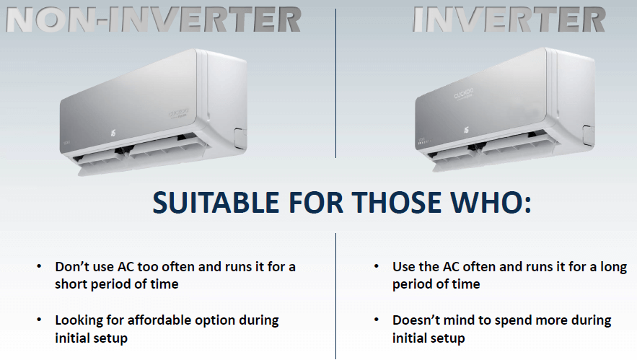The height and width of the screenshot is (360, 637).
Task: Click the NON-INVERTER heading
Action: pos(154,20)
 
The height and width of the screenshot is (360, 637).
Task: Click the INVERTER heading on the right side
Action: pos(509,19)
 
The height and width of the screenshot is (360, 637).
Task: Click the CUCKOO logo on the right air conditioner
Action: pos(464,94)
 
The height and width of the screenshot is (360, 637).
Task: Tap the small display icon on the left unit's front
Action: pos(113,133)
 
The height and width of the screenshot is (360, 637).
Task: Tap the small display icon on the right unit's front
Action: pos(466,130)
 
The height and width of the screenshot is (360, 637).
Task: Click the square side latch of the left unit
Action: pos(240,136)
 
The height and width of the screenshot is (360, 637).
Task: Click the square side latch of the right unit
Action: pos(589,134)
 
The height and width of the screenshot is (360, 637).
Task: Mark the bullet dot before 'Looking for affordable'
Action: pos(39,320)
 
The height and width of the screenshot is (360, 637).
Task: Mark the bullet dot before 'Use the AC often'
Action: pos(376,266)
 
